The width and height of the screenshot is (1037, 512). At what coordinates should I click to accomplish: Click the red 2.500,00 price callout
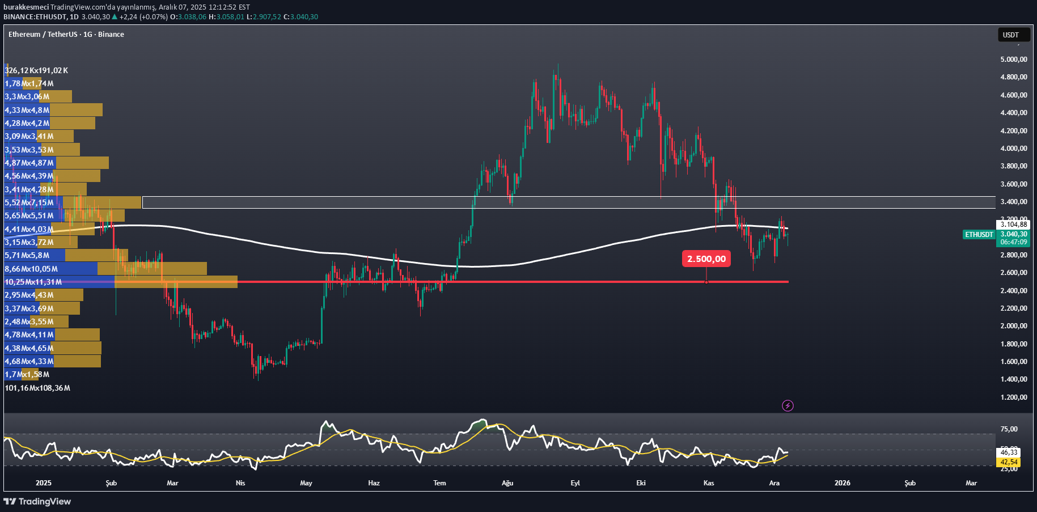coord(706,259)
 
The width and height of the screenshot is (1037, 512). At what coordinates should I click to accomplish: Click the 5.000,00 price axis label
coord(1013,60)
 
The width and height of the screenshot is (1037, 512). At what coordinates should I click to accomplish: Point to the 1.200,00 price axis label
coord(1013,397)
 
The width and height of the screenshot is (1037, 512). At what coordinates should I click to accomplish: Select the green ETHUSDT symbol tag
coord(979,235)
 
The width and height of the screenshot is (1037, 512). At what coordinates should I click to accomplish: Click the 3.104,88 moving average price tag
coord(1013,225)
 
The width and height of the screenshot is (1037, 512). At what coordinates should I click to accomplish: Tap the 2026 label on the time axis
coord(842,483)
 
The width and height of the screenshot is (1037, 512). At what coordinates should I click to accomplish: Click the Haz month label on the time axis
coord(374,483)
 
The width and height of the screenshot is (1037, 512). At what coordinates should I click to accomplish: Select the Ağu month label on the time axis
coord(507,483)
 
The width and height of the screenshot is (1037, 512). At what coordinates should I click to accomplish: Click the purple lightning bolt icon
coord(788,405)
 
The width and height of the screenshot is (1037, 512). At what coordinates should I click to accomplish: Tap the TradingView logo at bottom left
coord(37,501)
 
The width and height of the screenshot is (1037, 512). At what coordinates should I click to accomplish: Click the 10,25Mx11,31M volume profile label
coord(33,282)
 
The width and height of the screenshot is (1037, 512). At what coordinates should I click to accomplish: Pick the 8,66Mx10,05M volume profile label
coord(31,269)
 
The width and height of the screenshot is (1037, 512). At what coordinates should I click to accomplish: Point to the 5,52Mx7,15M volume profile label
coord(29,203)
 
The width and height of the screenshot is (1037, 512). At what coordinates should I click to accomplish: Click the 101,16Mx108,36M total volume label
coord(37,388)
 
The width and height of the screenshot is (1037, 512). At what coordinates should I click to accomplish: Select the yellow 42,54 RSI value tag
coord(1009,462)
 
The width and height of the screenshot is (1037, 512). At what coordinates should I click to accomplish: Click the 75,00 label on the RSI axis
coord(1009,429)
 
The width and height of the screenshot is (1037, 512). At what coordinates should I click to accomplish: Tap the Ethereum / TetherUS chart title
coord(66,35)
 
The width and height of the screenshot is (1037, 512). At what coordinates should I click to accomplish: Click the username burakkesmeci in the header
coord(26,7)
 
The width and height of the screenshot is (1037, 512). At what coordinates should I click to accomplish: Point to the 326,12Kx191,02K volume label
coord(36,71)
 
